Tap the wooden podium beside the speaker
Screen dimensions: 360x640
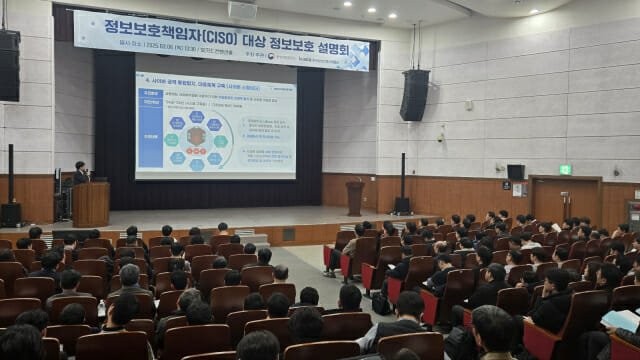click(x=91, y=204)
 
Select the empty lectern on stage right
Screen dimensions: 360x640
click(x=355, y=197)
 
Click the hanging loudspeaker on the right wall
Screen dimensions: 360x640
click(x=415, y=95)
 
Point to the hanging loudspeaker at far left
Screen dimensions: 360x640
click(x=9, y=65)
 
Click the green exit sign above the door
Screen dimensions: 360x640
click(x=565, y=169)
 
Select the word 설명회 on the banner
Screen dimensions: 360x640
click(x=339, y=51)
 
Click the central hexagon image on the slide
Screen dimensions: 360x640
click(x=196, y=136)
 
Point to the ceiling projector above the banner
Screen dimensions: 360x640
click(x=242, y=9)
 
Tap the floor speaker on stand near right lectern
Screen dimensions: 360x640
click(x=402, y=204)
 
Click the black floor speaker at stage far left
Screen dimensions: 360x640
click(x=11, y=213)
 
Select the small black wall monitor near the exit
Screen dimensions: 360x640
click(x=515, y=172)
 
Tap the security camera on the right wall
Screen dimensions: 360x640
click(x=440, y=135)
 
